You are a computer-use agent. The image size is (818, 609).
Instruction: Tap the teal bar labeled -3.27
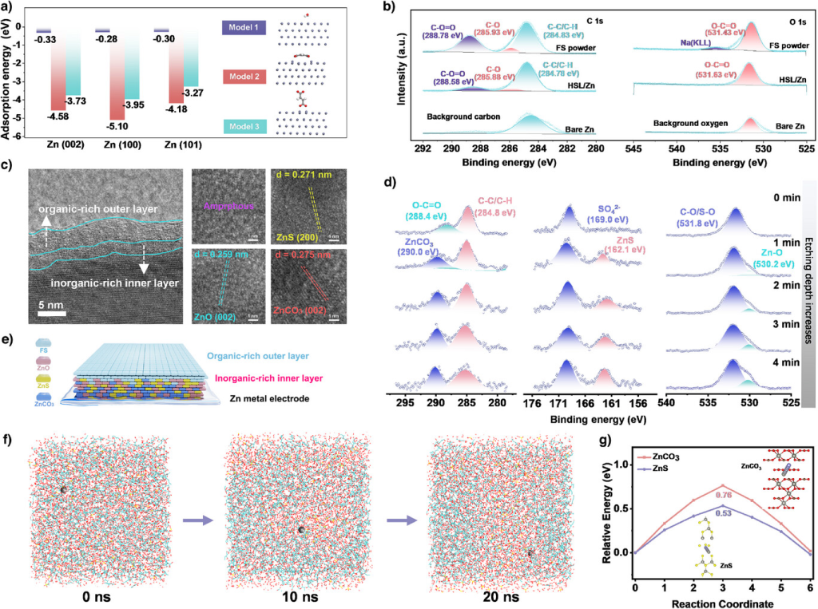tap(189, 59)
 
